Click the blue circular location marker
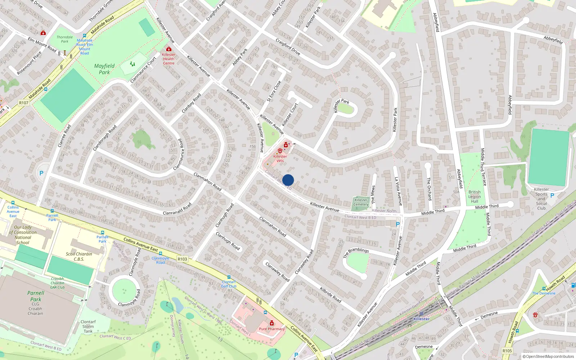click(288, 180)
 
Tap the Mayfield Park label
click(104, 69)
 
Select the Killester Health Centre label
click(168, 59)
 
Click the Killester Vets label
click(280, 158)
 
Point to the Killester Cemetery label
click(361, 202)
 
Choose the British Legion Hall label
click(474, 197)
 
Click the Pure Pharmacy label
click(272, 329)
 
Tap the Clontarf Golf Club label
click(229, 284)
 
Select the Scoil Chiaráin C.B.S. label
click(79, 256)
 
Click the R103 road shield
click(183, 259)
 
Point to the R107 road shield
click(24, 103)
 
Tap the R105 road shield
click(507, 351)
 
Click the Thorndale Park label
click(65, 39)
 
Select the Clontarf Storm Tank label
click(88, 327)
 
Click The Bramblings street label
click(356, 252)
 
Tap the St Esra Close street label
click(274, 91)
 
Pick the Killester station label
click(421, 319)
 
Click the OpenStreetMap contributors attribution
click(548, 356)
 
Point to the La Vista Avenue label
click(398, 191)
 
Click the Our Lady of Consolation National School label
click(23, 235)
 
